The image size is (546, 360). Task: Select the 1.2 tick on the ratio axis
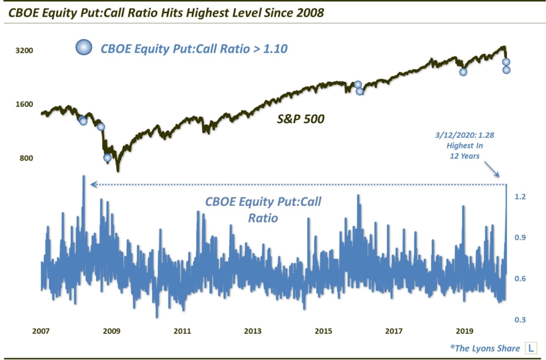(520, 197)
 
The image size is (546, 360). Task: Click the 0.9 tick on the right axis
(520, 238)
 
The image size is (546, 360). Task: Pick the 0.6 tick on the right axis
(520, 279)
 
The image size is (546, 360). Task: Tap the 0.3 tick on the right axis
(520, 319)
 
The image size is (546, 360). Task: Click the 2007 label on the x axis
(41, 331)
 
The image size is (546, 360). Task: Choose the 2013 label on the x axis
(252, 331)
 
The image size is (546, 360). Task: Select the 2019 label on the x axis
(464, 331)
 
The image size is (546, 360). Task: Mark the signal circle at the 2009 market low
(107, 157)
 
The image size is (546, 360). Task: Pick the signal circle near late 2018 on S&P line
(463, 72)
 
